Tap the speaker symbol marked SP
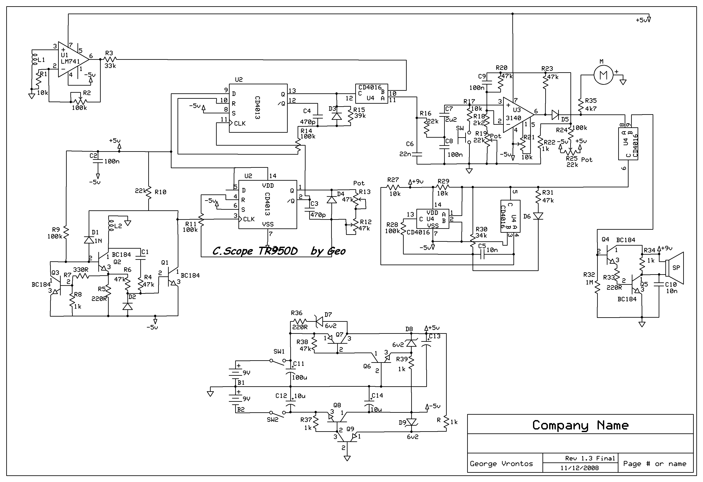pos(675,268)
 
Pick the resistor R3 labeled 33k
pos(110,59)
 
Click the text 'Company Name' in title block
pos(580,425)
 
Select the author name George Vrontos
pos(501,464)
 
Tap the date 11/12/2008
pos(579,468)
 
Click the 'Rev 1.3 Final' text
pos(590,458)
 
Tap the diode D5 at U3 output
pos(555,115)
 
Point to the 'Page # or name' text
pos(655,464)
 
